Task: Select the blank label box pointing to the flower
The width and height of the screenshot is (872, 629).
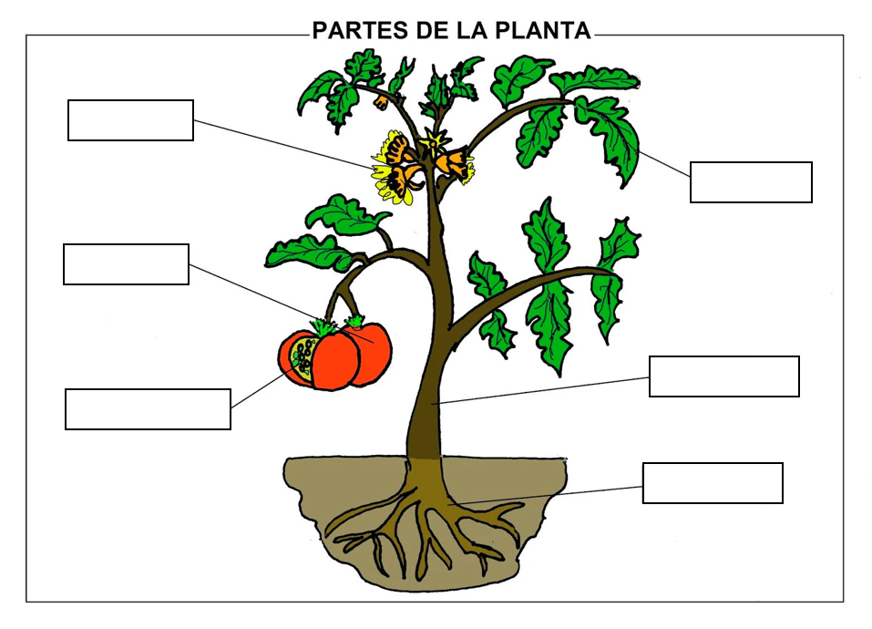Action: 130,120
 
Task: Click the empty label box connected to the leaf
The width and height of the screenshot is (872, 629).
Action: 751,182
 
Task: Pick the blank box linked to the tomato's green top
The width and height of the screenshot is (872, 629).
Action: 127,264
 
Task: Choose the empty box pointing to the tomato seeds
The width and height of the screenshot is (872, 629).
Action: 148,409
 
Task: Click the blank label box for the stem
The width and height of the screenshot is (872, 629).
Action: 724,376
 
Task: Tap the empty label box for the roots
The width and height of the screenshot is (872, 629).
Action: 713,483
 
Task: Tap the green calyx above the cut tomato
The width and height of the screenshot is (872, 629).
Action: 324,326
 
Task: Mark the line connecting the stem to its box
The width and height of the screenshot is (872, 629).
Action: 540,390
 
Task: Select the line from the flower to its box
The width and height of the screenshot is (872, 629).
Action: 283,144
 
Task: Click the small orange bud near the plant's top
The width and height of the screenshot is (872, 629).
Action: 382,102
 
